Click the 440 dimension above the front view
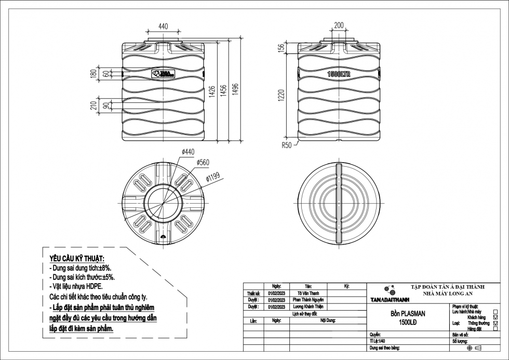click(x=163, y=26)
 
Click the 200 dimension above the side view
click(x=339, y=25)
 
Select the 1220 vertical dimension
click(x=281, y=96)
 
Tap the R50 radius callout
click(x=287, y=145)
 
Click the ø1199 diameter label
click(x=213, y=178)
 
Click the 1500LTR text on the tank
click(x=339, y=74)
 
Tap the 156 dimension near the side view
click(x=281, y=48)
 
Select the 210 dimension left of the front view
click(x=94, y=106)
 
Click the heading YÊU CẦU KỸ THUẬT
click(x=76, y=259)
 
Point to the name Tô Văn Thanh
click(x=308, y=294)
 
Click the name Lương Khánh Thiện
click(x=308, y=307)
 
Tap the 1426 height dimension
click(x=212, y=91)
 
